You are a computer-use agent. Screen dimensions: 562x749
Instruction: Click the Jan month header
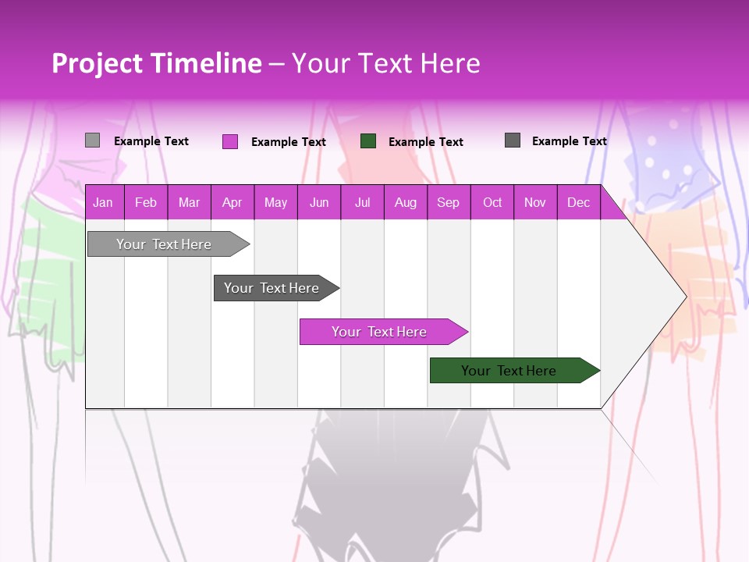click(x=103, y=202)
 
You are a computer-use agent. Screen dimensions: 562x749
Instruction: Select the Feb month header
click(x=146, y=202)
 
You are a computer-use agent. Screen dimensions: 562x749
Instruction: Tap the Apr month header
click(x=232, y=202)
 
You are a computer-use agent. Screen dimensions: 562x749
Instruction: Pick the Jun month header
click(x=318, y=202)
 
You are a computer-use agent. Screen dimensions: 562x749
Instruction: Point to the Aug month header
click(x=405, y=202)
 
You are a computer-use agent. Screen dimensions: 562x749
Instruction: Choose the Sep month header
click(x=448, y=202)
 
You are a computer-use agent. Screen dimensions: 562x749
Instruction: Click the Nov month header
click(x=534, y=202)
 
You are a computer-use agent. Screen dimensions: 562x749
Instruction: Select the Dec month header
click(x=578, y=202)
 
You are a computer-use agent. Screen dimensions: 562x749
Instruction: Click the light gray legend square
click(x=93, y=140)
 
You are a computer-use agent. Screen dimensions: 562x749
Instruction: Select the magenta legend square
click(x=230, y=141)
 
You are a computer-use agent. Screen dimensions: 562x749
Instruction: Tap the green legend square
click(x=368, y=141)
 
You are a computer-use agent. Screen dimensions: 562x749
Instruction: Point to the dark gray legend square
click(x=513, y=140)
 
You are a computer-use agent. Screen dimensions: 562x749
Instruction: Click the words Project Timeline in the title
click(x=157, y=63)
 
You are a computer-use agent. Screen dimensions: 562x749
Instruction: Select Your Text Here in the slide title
click(x=385, y=63)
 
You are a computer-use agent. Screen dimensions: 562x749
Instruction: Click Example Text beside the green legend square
click(x=425, y=142)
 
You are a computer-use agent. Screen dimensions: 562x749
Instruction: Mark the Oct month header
click(x=492, y=202)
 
